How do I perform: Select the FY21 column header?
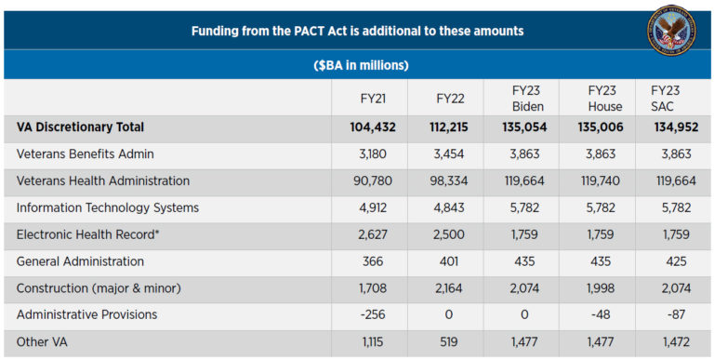(x=373, y=98)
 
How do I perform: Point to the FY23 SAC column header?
(x=666, y=98)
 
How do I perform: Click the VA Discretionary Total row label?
(x=80, y=127)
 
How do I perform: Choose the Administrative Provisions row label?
(x=86, y=314)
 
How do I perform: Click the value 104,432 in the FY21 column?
(x=373, y=127)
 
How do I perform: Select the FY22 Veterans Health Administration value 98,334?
(x=447, y=181)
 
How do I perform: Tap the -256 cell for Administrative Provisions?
(x=373, y=314)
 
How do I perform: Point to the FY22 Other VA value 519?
(x=447, y=342)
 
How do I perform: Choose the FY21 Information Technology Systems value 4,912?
(x=373, y=207)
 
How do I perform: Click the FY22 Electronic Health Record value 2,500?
(x=447, y=234)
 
